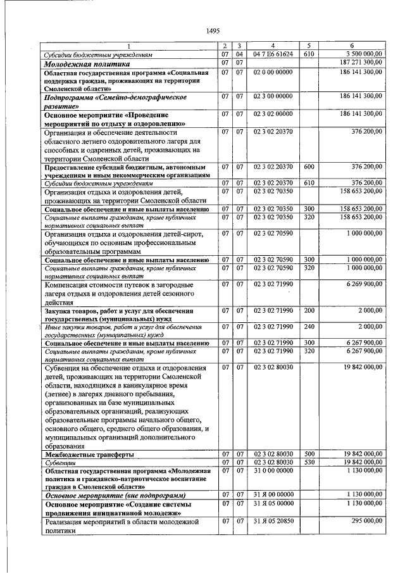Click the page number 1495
(212, 31)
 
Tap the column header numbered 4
(273, 46)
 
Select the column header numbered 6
(352, 46)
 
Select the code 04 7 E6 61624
(273, 54)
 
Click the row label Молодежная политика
(87, 63)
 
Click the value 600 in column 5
(309, 167)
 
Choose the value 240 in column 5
(309, 327)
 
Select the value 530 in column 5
(309, 462)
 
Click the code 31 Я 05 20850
(273, 521)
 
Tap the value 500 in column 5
(309, 454)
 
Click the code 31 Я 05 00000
(273, 503)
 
